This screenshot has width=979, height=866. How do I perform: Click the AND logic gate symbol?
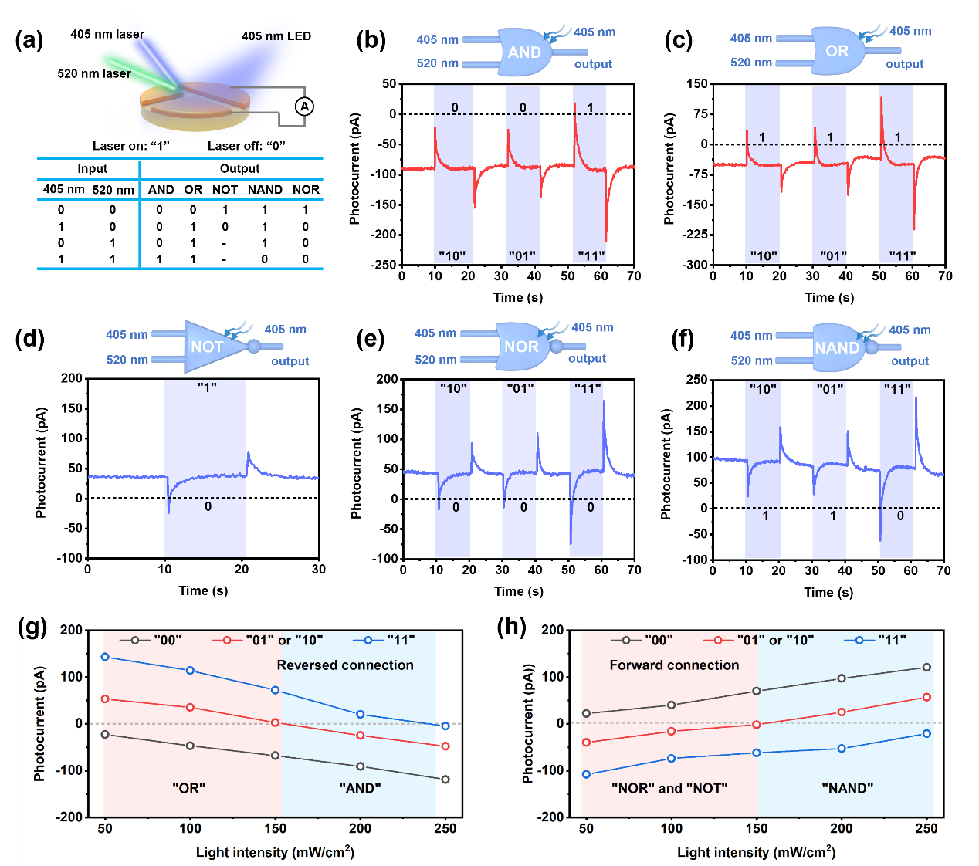[524, 52]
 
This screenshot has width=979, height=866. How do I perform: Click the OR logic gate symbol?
[837, 51]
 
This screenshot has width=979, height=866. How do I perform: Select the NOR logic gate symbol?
[522, 347]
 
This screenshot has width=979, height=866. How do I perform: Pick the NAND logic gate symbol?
[837, 347]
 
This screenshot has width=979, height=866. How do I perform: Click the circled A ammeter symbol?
[305, 107]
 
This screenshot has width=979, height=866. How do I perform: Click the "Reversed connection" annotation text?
[345, 665]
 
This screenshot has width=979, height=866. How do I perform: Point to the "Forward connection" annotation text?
[674, 665]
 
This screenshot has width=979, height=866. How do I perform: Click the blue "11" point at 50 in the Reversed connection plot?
[105, 657]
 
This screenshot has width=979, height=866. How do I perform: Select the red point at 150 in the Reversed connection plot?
[276, 722]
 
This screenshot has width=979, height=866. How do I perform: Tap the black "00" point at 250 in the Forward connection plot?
[926, 668]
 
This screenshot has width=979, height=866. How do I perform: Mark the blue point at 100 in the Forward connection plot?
[672, 759]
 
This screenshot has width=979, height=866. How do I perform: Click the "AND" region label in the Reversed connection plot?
[360, 788]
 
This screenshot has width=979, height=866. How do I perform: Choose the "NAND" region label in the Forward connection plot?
[848, 788]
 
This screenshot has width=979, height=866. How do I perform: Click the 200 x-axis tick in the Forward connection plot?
[842, 828]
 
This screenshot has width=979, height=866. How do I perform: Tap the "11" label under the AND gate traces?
[591, 255]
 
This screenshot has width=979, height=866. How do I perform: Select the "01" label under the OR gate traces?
[832, 255]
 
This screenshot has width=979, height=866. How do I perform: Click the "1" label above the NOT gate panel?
[206, 387]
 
